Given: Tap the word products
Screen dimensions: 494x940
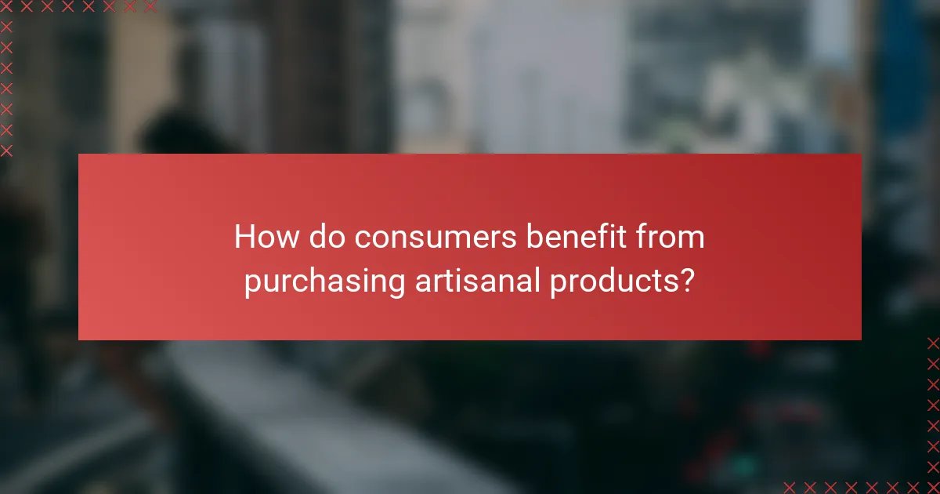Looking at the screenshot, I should point(612,281).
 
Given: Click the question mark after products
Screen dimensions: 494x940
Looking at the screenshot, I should point(686,281).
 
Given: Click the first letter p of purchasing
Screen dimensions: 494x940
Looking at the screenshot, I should point(251,284).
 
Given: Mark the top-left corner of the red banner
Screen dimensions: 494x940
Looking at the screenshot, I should point(79,154).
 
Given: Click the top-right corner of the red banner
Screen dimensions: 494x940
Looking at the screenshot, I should point(861,154).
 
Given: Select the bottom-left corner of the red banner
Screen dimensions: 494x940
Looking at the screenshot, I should point(79,340).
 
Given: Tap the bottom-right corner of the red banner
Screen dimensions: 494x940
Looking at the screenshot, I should point(861,340).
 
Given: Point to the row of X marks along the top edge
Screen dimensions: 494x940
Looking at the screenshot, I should point(78,7).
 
